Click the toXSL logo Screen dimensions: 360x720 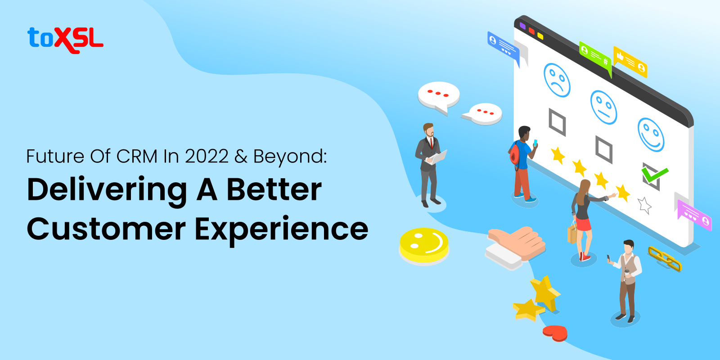point(65,40)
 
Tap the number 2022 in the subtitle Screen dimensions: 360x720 point(207,157)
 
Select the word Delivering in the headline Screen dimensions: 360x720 point(107,190)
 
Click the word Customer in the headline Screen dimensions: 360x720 point(106,229)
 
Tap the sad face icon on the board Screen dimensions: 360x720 point(557,80)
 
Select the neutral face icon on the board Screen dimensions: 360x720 point(603,108)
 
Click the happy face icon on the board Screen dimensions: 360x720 point(651,135)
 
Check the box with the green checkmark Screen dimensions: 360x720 point(652,175)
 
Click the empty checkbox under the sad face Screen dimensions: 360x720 point(557,121)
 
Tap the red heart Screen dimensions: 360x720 point(555,333)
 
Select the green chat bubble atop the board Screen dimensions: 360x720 point(595,55)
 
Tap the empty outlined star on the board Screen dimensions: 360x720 point(644,205)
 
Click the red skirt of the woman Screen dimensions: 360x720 point(583,224)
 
